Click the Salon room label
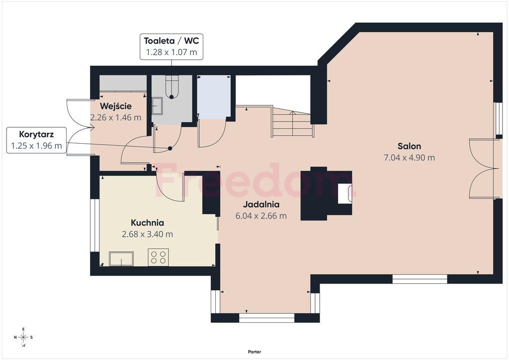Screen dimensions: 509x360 (409, 146)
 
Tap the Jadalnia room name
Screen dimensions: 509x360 (261, 204)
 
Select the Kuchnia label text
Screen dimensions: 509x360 (147, 223)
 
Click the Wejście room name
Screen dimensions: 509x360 (115, 106)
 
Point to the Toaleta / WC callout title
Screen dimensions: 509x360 (171, 41)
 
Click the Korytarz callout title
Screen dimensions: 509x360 (36, 134)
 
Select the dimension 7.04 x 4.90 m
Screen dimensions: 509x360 (409, 158)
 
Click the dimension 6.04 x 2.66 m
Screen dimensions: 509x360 (261, 216)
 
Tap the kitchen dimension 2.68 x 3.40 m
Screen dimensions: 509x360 (147, 234)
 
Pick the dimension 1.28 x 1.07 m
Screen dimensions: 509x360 (171, 52)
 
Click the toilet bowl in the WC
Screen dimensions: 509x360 (171, 87)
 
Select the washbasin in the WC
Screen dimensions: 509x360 (157, 106)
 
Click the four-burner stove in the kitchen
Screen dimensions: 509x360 (159, 257)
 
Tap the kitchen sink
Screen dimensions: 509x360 (121, 259)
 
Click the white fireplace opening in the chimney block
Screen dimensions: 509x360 (344, 194)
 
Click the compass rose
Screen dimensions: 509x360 (23, 337)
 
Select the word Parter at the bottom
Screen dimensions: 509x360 (254, 352)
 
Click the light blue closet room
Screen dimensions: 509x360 (214, 97)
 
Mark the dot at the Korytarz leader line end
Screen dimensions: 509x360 (170, 148)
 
